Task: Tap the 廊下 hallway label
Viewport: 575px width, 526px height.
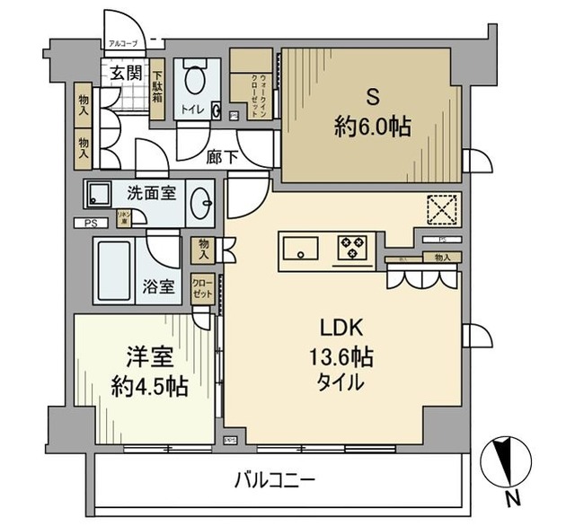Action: (x=223, y=156)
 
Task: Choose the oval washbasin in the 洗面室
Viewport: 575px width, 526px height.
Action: (x=200, y=204)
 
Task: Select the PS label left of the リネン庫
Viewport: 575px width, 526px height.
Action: (x=90, y=224)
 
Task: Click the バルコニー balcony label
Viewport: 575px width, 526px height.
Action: (x=275, y=480)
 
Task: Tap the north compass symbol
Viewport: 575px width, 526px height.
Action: (x=508, y=463)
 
